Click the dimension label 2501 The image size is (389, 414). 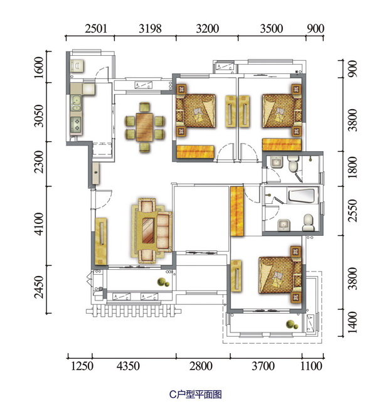click(96, 28)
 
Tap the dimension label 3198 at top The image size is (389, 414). click(150, 28)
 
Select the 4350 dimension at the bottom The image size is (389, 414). click(128, 366)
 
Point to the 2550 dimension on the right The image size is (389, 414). click(352, 210)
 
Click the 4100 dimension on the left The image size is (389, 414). click(38, 224)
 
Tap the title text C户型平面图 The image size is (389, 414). click(196, 395)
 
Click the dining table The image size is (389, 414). click(145, 127)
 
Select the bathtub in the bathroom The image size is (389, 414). click(302, 195)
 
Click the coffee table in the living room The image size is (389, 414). click(148, 230)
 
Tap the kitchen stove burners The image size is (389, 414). click(77, 125)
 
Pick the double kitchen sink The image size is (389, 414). click(76, 103)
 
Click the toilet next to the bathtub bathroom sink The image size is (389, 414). click(308, 223)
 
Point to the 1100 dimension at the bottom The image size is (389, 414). click(311, 366)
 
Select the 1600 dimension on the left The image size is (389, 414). click(38, 67)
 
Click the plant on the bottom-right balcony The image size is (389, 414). click(292, 324)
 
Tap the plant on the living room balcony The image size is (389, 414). click(163, 282)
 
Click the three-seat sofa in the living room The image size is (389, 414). click(164, 231)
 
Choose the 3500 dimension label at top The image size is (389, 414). click(272, 28)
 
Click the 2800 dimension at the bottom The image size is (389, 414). click(201, 366)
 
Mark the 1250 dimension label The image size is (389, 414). click(82, 366)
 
